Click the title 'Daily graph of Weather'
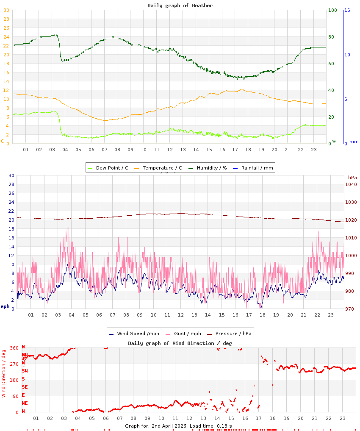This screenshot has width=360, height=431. [180, 6]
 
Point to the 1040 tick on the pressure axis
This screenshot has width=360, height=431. [351, 184]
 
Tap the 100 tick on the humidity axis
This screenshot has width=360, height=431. [332, 10]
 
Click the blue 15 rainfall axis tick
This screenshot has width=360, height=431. [347, 10]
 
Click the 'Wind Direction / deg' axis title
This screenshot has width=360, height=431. [4, 373]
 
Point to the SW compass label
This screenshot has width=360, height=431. [25, 371]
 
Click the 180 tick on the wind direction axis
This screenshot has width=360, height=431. [14, 380]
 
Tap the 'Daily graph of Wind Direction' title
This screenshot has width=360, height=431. [180, 343]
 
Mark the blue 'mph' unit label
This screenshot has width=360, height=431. [5, 306]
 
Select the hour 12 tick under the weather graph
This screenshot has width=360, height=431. [169, 150]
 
